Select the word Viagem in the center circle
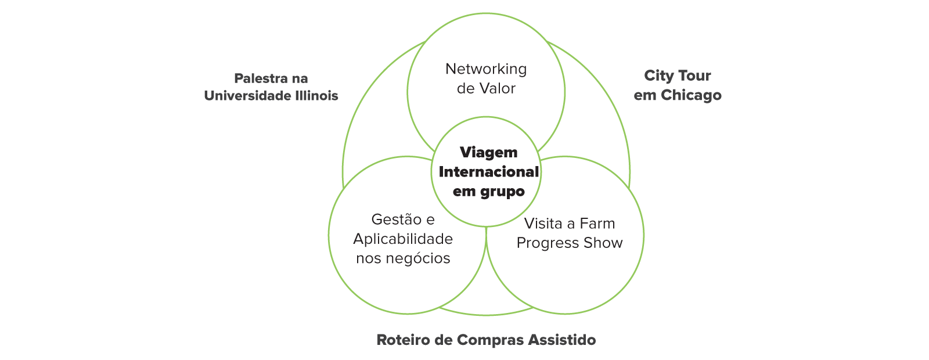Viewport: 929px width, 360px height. [x=488, y=153]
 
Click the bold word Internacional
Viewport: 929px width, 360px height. [x=488, y=172]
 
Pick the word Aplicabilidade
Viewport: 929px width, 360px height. [x=403, y=239]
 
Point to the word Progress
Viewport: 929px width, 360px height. [x=544, y=243]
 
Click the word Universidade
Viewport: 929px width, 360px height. [x=247, y=96]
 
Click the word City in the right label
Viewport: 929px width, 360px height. [x=658, y=76]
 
